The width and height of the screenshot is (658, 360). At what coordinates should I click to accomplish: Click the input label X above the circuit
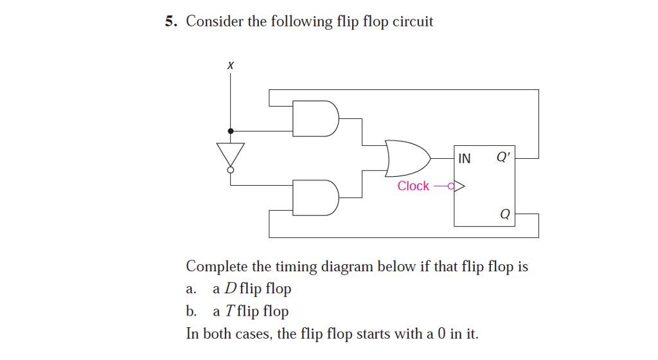230,66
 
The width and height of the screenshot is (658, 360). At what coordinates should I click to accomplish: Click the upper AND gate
316,118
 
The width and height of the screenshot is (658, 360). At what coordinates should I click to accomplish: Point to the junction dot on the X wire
230,130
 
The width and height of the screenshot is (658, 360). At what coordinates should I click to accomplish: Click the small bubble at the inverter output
230,170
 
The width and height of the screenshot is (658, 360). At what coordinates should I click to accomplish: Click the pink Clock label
413,186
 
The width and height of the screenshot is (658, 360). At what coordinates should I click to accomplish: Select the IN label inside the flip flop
464,158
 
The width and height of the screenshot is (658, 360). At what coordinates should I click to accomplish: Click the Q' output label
504,157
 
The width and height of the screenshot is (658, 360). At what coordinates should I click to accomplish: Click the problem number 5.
170,22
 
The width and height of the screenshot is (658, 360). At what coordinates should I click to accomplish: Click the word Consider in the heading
215,22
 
